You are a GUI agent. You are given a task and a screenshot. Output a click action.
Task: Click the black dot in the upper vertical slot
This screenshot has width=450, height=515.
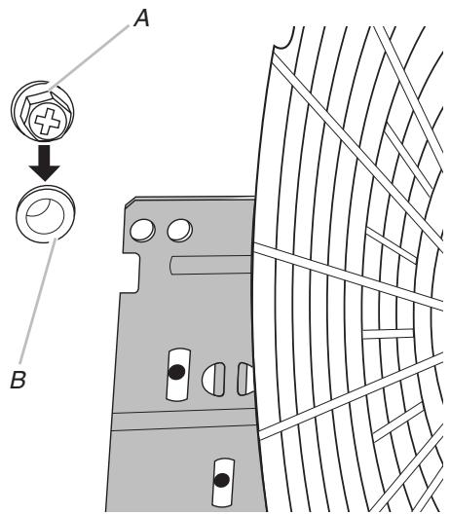175,371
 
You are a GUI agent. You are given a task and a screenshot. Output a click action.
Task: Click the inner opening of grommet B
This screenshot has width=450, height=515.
42,219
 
